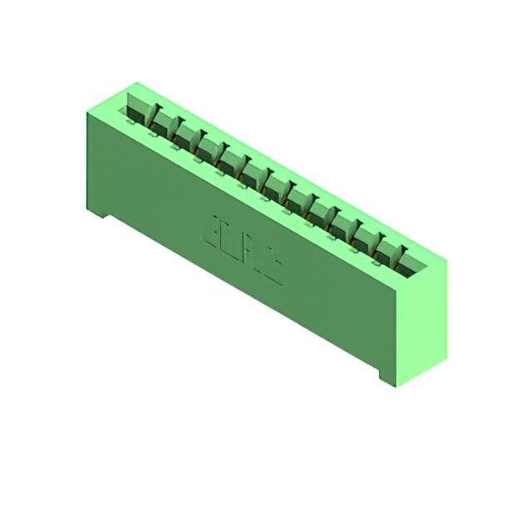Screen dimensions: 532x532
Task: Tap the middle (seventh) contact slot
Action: (x=275, y=186)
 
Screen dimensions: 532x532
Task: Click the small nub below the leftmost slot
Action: (x=130, y=121)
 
